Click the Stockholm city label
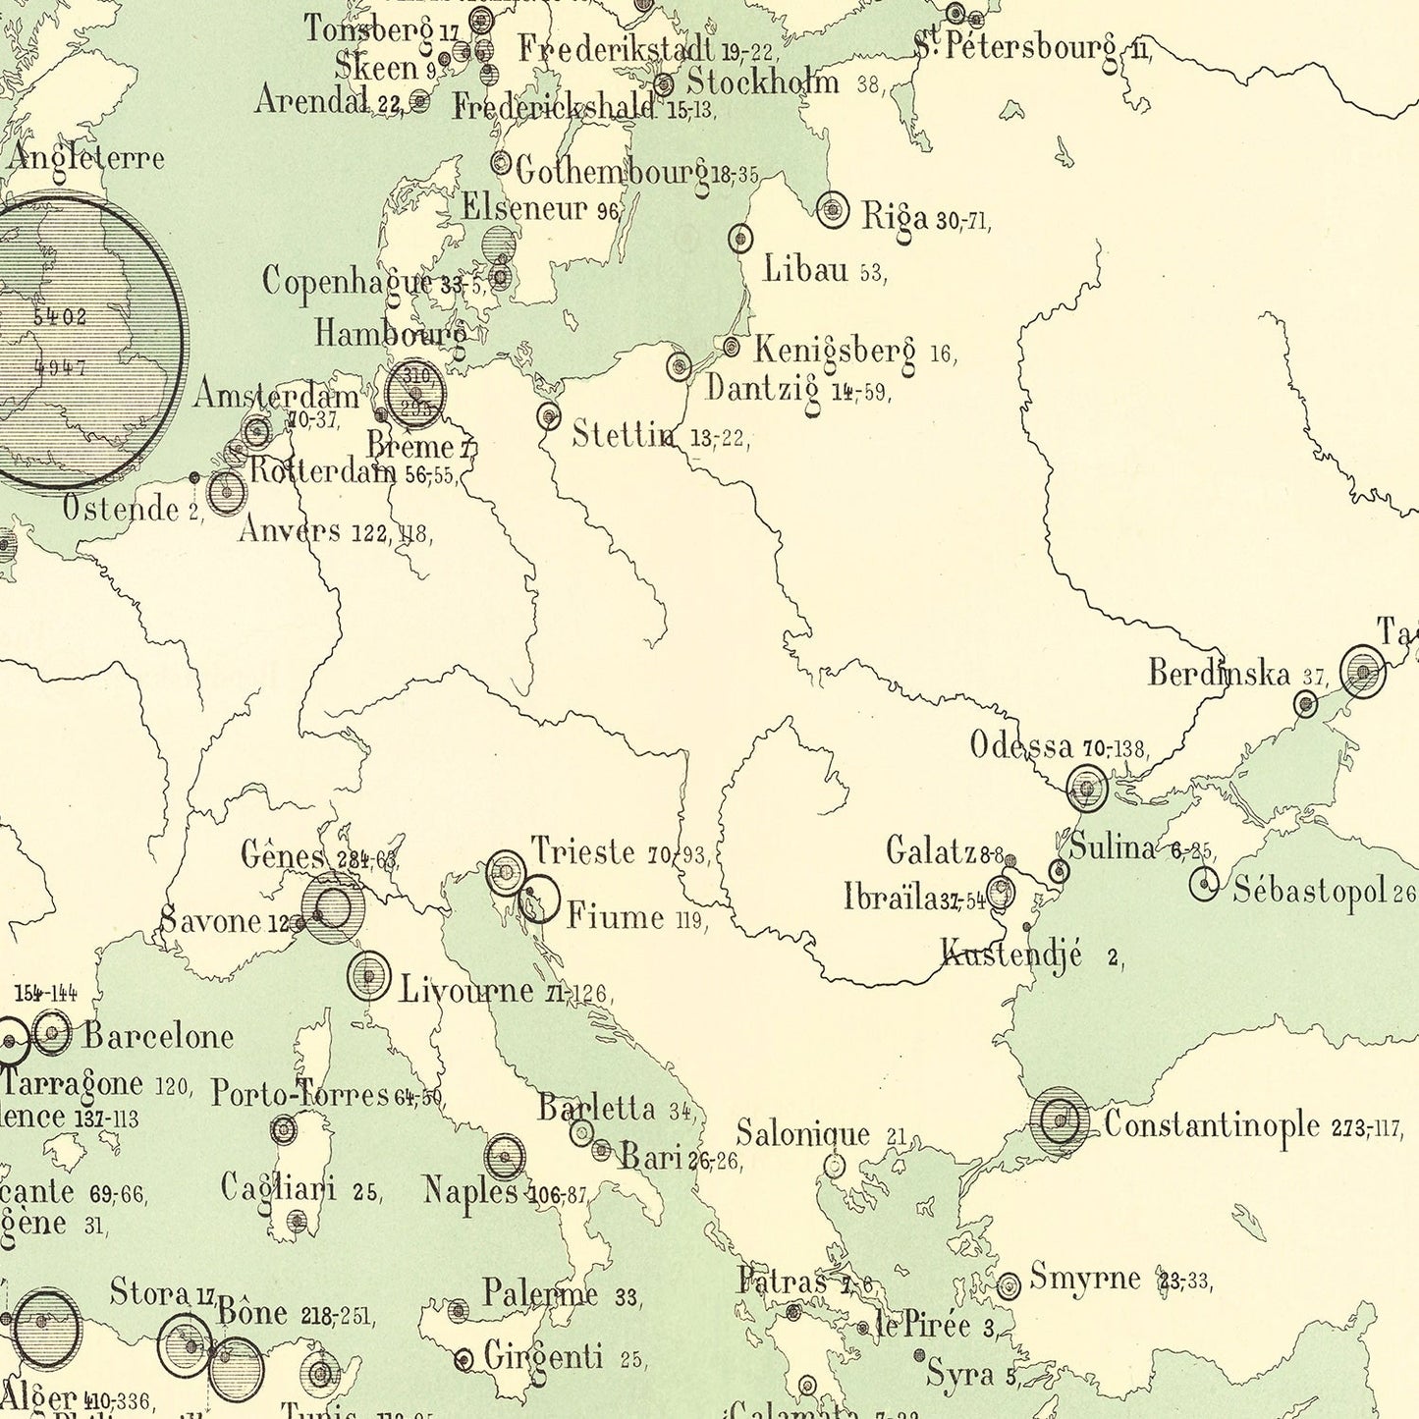(x=763, y=82)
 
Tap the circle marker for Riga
(x=833, y=209)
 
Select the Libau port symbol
(x=740, y=238)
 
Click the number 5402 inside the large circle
(x=59, y=316)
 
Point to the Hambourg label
(x=391, y=334)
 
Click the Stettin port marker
(x=549, y=415)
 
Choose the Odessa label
(x=1021, y=745)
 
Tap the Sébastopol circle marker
(x=1204, y=884)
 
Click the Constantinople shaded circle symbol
(x=1060, y=1119)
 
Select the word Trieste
(x=583, y=850)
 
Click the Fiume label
(x=616, y=916)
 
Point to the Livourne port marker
(x=368, y=976)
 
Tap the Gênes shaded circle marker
(x=333, y=907)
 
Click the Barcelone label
(x=158, y=1036)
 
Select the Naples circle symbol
(x=505, y=1157)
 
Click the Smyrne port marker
(x=1009, y=1285)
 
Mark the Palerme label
(x=540, y=1293)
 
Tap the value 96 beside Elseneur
(x=608, y=211)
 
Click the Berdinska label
(x=1219, y=674)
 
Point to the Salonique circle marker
(x=834, y=1166)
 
